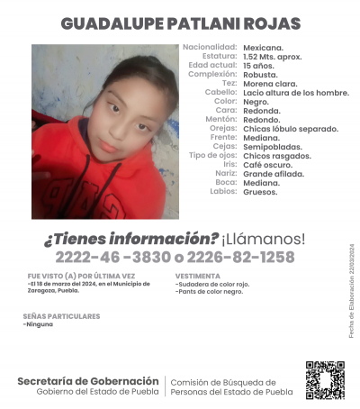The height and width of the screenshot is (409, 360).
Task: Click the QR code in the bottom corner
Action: coord(325,379)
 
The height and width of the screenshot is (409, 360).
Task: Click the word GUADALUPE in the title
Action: coord(115,23)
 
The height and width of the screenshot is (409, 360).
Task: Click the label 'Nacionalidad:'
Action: coord(210,47)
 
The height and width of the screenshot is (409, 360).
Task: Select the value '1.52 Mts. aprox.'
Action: coord(273,56)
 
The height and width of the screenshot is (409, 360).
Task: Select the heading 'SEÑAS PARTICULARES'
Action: coord(61,316)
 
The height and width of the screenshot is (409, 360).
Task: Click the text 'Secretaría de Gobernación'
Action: coord(88,381)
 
